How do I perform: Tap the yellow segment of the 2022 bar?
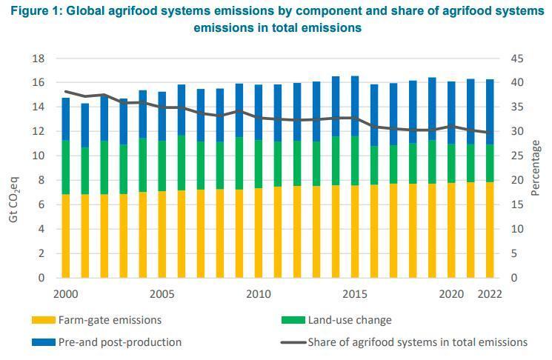point(490,230)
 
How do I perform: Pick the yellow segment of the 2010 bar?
point(259,233)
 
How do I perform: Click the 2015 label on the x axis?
point(355,294)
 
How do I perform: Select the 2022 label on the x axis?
point(490,294)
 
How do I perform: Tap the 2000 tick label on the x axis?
point(66,294)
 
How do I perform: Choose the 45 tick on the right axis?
point(517,59)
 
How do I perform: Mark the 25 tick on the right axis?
point(517,156)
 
